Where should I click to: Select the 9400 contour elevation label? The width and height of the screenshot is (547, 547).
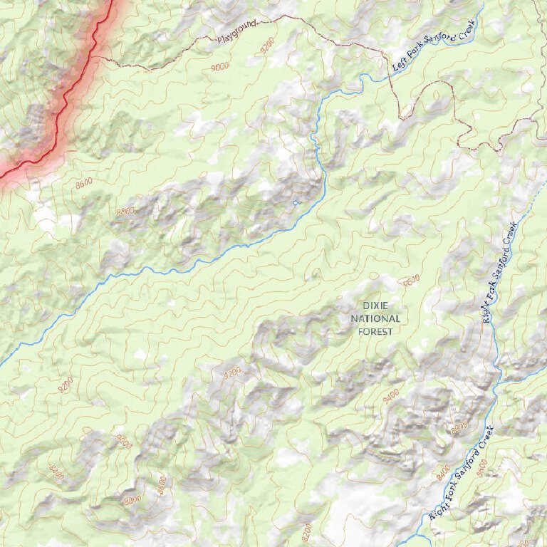click(390, 397)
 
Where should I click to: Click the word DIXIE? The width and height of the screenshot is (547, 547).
click(375, 306)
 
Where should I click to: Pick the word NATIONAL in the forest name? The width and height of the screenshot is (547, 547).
click(375, 318)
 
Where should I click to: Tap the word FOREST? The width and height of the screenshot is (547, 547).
click(375, 331)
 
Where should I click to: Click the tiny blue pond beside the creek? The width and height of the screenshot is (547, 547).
click(296, 203)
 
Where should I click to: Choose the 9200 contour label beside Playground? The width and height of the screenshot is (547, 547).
click(267, 48)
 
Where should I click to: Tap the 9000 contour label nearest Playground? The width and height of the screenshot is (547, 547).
click(220, 66)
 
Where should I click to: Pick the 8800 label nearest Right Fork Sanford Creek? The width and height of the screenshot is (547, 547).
click(459, 428)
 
